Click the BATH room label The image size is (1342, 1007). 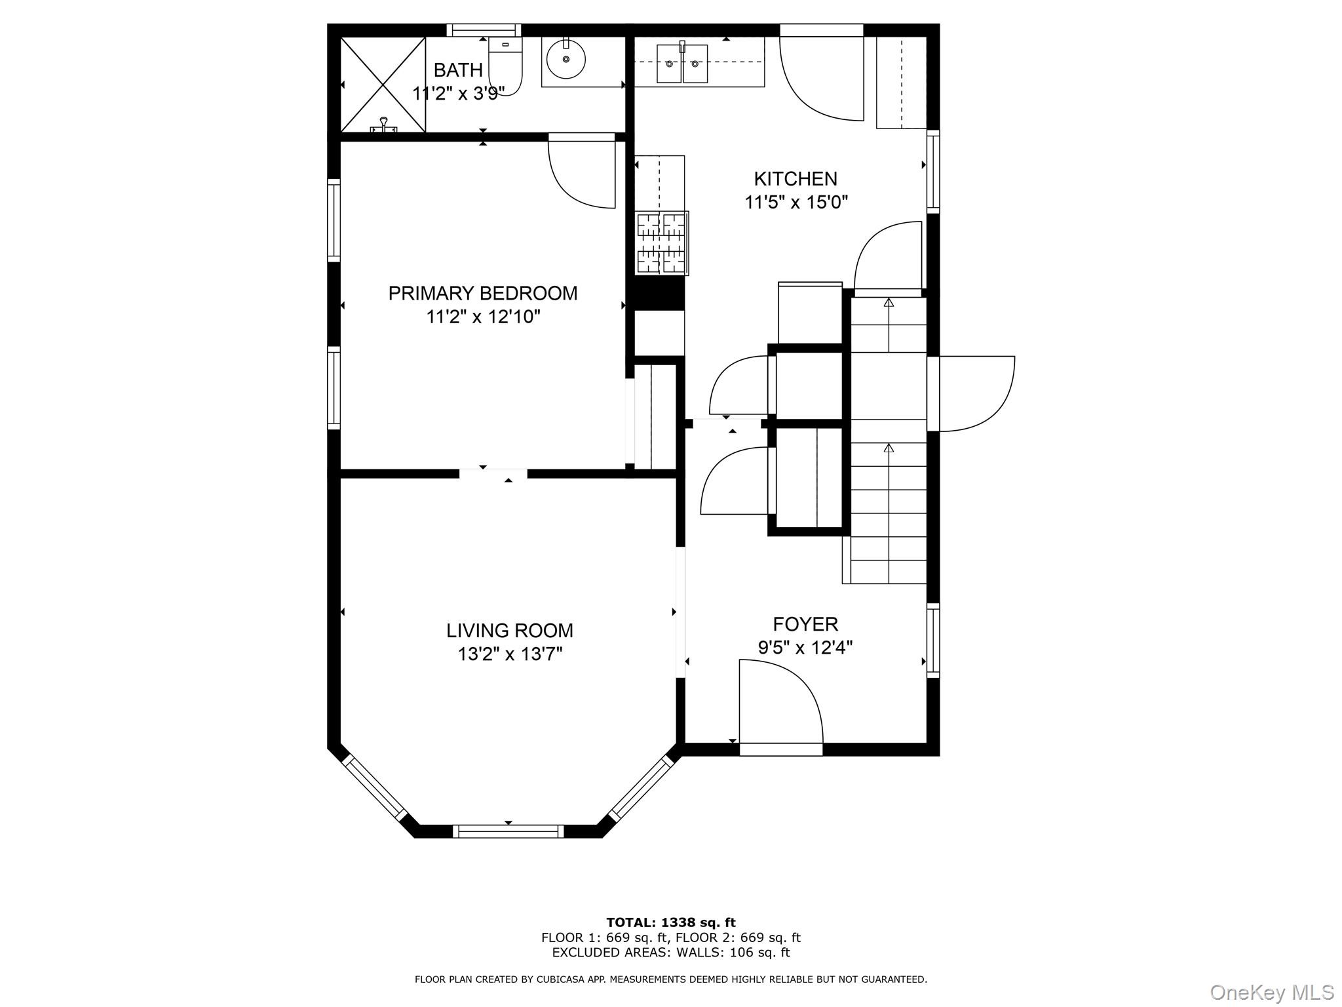[x=458, y=69]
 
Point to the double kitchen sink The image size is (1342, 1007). [x=682, y=64]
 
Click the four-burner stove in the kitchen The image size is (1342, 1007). [x=661, y=243]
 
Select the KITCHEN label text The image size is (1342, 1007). [x=795, y=178]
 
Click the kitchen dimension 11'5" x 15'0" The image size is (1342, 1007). [x=796, y=202]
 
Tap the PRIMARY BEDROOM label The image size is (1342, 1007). [x=483, y=293]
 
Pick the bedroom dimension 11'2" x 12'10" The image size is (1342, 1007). [x=483, y=317]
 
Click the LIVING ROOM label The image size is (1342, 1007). [x=510, y=630]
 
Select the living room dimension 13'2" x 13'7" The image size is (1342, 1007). [x=510, y=654]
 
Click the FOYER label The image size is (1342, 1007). [x=805, y=623]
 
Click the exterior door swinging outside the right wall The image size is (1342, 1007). [x=976, y=393]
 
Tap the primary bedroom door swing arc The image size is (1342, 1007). [x=580, y=173]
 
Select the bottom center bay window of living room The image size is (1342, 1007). [x=508, y=831]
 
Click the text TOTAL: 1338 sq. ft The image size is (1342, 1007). [x=670, y=922]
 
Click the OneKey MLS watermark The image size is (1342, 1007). [x=1271, y=992]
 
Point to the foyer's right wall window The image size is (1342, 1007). [x=932, y=640]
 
